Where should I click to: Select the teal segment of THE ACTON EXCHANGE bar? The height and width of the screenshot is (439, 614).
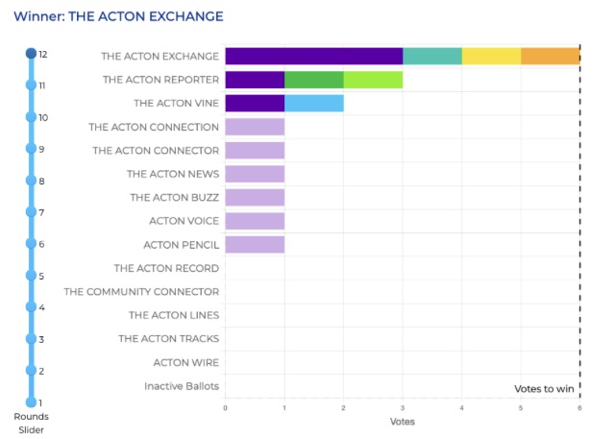tap(432, 56)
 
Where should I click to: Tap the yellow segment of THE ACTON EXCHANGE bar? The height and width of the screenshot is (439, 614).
tap(491, 56)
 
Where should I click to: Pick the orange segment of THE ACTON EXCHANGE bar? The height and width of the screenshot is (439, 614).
tap(550, 56)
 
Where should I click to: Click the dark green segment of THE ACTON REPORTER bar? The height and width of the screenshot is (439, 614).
tap(313, 79)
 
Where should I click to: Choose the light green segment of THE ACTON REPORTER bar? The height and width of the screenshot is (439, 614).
tap(373, 79)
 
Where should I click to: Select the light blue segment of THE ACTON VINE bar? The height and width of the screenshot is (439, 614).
tap(313, 103)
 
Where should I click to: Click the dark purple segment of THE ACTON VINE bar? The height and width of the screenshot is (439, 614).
tap(255, 103)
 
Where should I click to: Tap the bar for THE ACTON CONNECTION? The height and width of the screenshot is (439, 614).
tap(255, 127)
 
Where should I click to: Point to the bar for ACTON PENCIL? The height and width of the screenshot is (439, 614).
tap(255, 245)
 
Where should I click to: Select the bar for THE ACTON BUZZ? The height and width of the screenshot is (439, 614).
tap(255, 197)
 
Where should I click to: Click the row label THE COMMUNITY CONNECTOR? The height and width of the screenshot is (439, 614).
tap(141, 292)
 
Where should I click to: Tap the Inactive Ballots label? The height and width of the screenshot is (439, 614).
tap(182, 386)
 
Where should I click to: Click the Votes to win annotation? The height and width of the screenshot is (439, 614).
tap(544, 388)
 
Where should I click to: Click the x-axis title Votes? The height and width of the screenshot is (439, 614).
tap(402, 422)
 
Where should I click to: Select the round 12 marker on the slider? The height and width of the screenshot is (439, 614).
tap(31, 54)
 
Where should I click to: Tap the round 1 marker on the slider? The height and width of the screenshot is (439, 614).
tap(31, 402)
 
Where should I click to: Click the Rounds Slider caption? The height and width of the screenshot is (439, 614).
tap(31, 423)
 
